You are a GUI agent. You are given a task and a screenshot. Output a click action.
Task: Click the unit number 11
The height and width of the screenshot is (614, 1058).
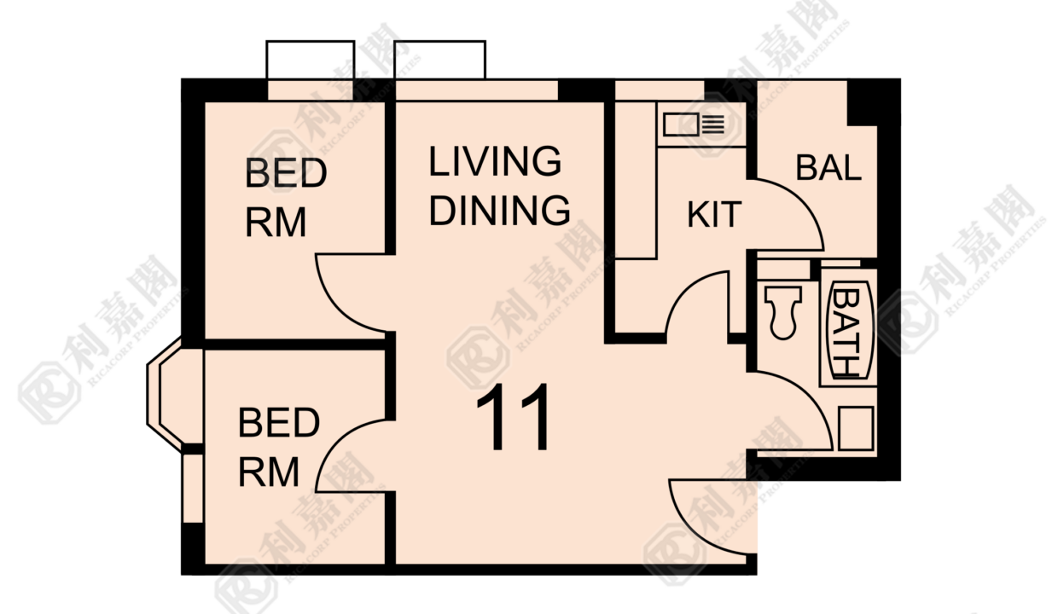[x=514, y=417]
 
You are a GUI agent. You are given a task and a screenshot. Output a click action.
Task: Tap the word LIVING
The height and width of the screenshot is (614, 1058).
[x=495, y=161]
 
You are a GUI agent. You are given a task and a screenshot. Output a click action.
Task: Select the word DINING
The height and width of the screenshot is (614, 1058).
[x=499, y=210]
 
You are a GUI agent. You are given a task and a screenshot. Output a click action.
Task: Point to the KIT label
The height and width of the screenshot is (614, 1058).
[x=714, y=215]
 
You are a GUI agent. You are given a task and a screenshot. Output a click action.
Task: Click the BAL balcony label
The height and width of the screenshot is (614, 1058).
[x=829, y=167]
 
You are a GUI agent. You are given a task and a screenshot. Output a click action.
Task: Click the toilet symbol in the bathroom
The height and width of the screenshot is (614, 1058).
[x=782, y=312]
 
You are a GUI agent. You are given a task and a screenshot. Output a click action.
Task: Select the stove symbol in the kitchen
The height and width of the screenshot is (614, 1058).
[x=694, y=125]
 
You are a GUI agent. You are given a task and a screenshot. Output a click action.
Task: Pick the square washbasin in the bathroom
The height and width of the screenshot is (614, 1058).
[x=856, y=428]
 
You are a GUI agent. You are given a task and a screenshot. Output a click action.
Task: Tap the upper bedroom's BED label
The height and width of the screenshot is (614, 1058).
[x=286, y=173]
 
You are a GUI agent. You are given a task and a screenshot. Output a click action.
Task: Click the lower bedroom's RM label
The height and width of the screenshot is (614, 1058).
[x=269, y=472]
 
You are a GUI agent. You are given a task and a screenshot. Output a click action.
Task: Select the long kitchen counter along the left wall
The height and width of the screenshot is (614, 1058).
[x=636, y=180]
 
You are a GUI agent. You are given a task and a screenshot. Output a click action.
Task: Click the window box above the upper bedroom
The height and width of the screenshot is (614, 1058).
[x=311, y=60]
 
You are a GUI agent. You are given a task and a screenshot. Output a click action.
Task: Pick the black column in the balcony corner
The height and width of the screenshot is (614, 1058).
[x=863, y=102]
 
